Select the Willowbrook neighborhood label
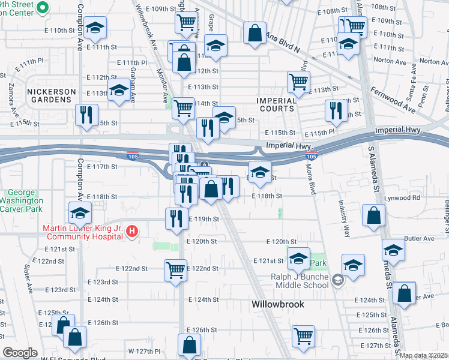click(277, 304)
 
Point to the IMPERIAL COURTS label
click(277, 104)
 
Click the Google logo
click(20, 353)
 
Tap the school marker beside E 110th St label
click(94, 29)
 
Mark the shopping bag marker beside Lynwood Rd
click(373, 215)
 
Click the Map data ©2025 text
click(424, 355)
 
